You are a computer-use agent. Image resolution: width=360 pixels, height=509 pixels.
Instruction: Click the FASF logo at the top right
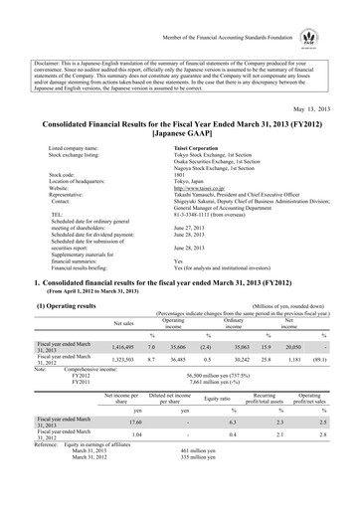[337, 17]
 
